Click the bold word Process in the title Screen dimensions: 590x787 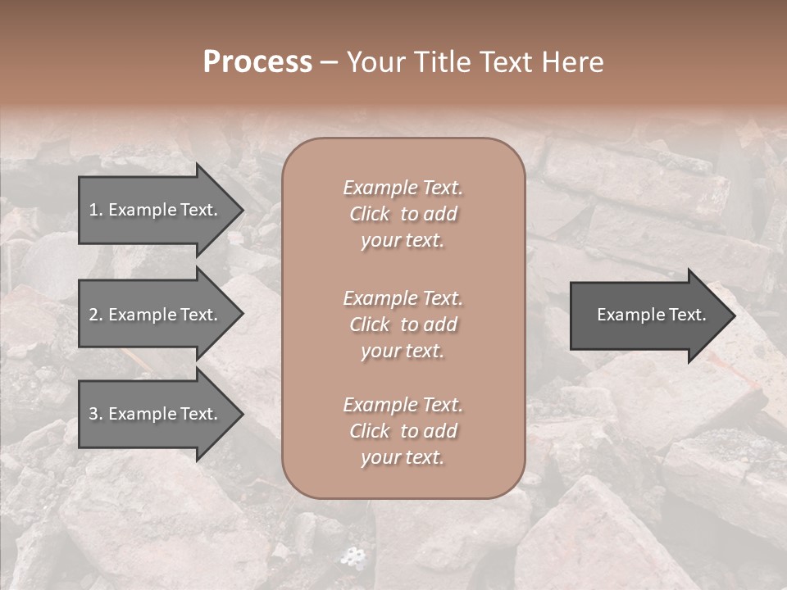click(x=257, y=62)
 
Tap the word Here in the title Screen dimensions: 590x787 click(x=574, y=62)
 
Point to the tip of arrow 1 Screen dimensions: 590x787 click(x=242, y=210)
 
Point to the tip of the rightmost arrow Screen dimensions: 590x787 click(x=735, y=315)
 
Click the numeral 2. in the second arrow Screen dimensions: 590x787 click(x=95, y=315)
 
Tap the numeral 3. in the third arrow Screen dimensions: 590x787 click(x=95, y=414)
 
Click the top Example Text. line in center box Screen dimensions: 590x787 click(x=403, y=188)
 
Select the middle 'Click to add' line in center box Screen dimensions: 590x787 click(x=403, y=324)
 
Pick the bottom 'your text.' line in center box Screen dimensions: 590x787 click(x=403, y=458)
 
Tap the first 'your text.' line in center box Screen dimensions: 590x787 click(x=403, y=241)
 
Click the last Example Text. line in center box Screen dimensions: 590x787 click(x=403, y=405)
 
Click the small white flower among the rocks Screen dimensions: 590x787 click(x=353, y=556)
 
